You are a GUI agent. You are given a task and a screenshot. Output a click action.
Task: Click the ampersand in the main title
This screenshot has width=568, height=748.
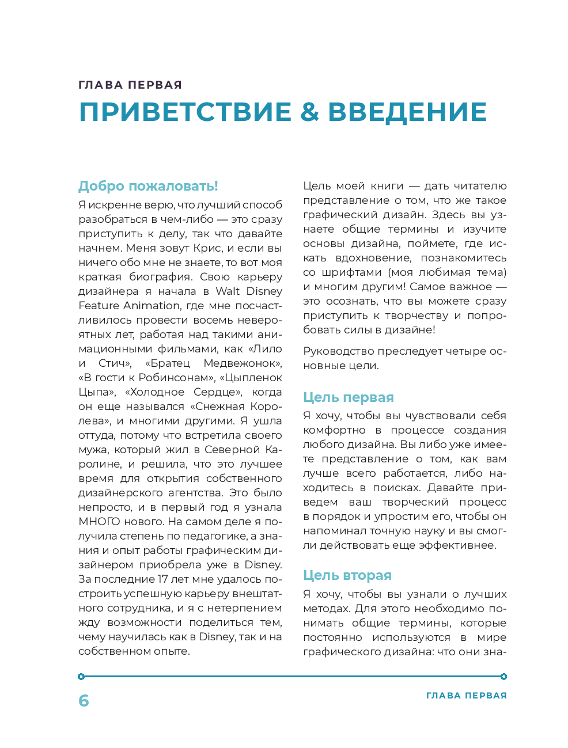[x=309, y=112]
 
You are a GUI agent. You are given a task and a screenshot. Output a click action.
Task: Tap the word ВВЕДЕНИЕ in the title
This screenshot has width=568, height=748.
[x=407, y=112]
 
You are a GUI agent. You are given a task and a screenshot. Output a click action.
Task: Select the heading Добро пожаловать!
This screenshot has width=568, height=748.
[x=148, y=186]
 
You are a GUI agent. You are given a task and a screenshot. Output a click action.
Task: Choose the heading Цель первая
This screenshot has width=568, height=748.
[x=348, y=397]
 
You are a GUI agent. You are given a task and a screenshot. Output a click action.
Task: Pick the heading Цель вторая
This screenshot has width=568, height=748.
[x=347, y=575]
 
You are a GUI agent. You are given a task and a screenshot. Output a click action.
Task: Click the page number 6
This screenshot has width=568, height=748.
[x=84, y=700]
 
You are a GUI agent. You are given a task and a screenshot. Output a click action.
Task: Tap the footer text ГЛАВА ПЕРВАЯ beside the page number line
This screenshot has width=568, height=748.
[x=466, y=696]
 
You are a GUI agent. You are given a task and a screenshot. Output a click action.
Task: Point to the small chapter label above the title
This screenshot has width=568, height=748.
[x=130, y=85]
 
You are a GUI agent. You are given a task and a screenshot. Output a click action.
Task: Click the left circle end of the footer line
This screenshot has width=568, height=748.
[x=81, y=677]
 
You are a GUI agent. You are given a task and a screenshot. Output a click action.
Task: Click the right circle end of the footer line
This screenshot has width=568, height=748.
[x=504, y=677]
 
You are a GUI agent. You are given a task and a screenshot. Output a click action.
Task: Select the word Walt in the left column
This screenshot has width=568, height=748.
[x=228, y=291]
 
